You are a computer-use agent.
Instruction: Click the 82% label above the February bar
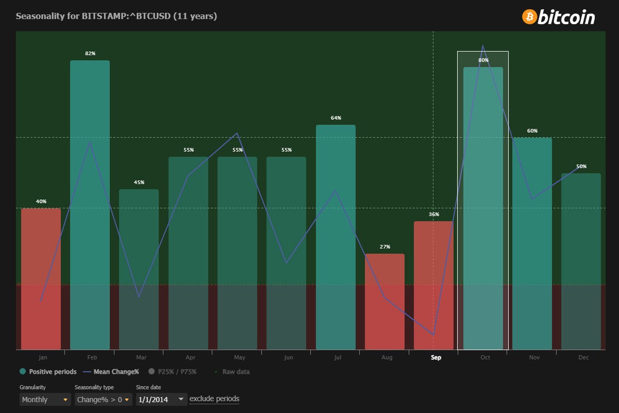tap(90, 53)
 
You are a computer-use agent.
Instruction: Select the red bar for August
tap(385, 301)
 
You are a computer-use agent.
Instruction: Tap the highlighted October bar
tap(483, 206)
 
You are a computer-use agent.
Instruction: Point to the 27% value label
tap(385, 247)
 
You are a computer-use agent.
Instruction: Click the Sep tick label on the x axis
tap(436, 357)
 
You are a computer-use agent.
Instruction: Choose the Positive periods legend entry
tap(48, 372)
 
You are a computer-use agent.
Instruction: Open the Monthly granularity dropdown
tap(45, 400)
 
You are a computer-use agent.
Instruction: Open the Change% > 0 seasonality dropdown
tap(103, 400)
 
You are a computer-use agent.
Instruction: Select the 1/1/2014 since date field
tap(161, 400)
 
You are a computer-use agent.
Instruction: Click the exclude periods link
tap(214, 399)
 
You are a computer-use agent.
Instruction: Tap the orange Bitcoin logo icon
tap(529, 17)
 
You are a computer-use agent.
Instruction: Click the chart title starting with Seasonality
tap(117, 16)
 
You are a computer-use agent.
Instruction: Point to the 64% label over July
tap(336, 118)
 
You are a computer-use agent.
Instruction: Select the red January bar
tap(41, 279)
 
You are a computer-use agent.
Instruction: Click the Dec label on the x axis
tap(583, 357)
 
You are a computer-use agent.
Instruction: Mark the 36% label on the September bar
tap(434, 214)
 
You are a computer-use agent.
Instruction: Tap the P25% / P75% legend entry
tap(173, 372)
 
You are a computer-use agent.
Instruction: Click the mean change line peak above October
tap(483, 46)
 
